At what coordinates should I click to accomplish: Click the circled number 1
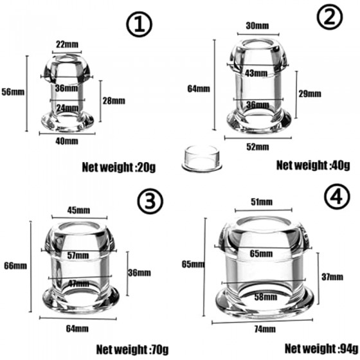pos(139,24)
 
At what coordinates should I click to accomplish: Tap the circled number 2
pos(330,17)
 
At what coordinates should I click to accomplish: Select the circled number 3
pos(150,201)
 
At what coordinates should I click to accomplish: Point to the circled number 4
pos(337,196)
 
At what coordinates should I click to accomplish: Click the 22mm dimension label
pos(67,44)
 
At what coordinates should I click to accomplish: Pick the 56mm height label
pos(13,92)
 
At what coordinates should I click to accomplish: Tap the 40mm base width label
pos(67,141)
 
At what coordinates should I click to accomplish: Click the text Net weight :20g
pos(119,167)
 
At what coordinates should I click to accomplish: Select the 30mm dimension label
pos(257,26)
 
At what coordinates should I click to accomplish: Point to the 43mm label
pos(256,73)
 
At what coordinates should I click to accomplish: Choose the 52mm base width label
pos(258,147)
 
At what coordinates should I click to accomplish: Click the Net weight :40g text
pos(313,165)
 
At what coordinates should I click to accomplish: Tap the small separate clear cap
pos(202,158)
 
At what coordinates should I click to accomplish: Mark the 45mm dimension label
pos(78,210)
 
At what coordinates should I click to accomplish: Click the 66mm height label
pos(15,266)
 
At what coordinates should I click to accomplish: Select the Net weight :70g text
pos(132,350)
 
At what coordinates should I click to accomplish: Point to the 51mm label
pos(262,202)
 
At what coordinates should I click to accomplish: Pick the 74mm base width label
pos(265,329)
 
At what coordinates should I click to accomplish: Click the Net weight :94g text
pos(321,348)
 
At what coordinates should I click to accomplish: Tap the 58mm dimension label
pos(265,297)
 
